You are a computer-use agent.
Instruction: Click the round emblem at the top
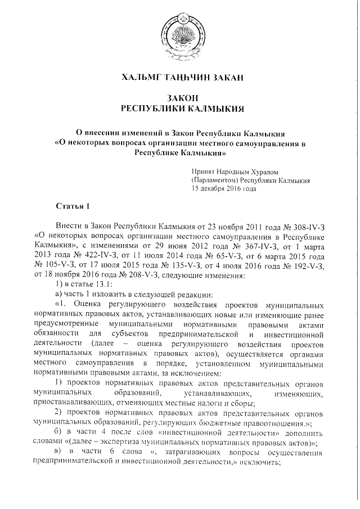click(x=179, y=34)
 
